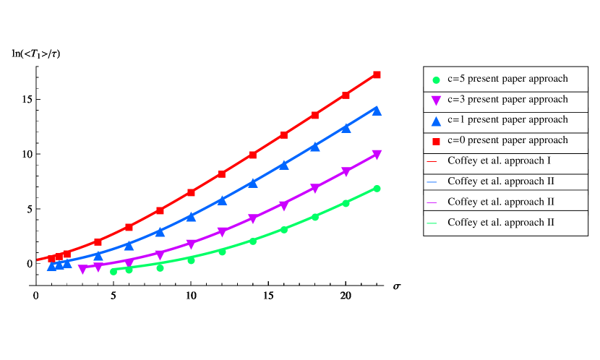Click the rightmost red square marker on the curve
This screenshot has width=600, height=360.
(377, 74)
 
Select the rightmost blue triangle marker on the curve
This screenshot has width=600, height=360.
(377, 111)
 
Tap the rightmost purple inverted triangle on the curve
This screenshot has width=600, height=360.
(377, 155)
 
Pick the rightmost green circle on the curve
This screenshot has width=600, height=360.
(377, 189)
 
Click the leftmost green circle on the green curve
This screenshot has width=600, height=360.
(113, 272)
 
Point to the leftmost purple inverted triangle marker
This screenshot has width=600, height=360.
(82, 269)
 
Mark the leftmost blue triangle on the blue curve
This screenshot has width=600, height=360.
(51, 266)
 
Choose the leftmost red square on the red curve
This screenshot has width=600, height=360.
(51, 258)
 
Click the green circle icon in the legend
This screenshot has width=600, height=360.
(436, 80)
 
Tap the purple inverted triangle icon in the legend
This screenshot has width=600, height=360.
(436, 100)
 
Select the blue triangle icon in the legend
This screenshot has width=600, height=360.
(436, 121)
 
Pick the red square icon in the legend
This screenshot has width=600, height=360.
(436, 141)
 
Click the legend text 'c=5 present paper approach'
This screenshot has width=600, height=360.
(507, 79)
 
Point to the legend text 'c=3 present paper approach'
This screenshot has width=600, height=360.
(507, 99)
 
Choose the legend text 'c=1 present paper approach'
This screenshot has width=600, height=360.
(507, 119)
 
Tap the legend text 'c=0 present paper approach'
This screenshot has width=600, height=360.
(507, 140)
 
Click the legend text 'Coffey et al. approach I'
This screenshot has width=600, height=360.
(499, 160)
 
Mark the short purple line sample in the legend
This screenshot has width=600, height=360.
(432, 202)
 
